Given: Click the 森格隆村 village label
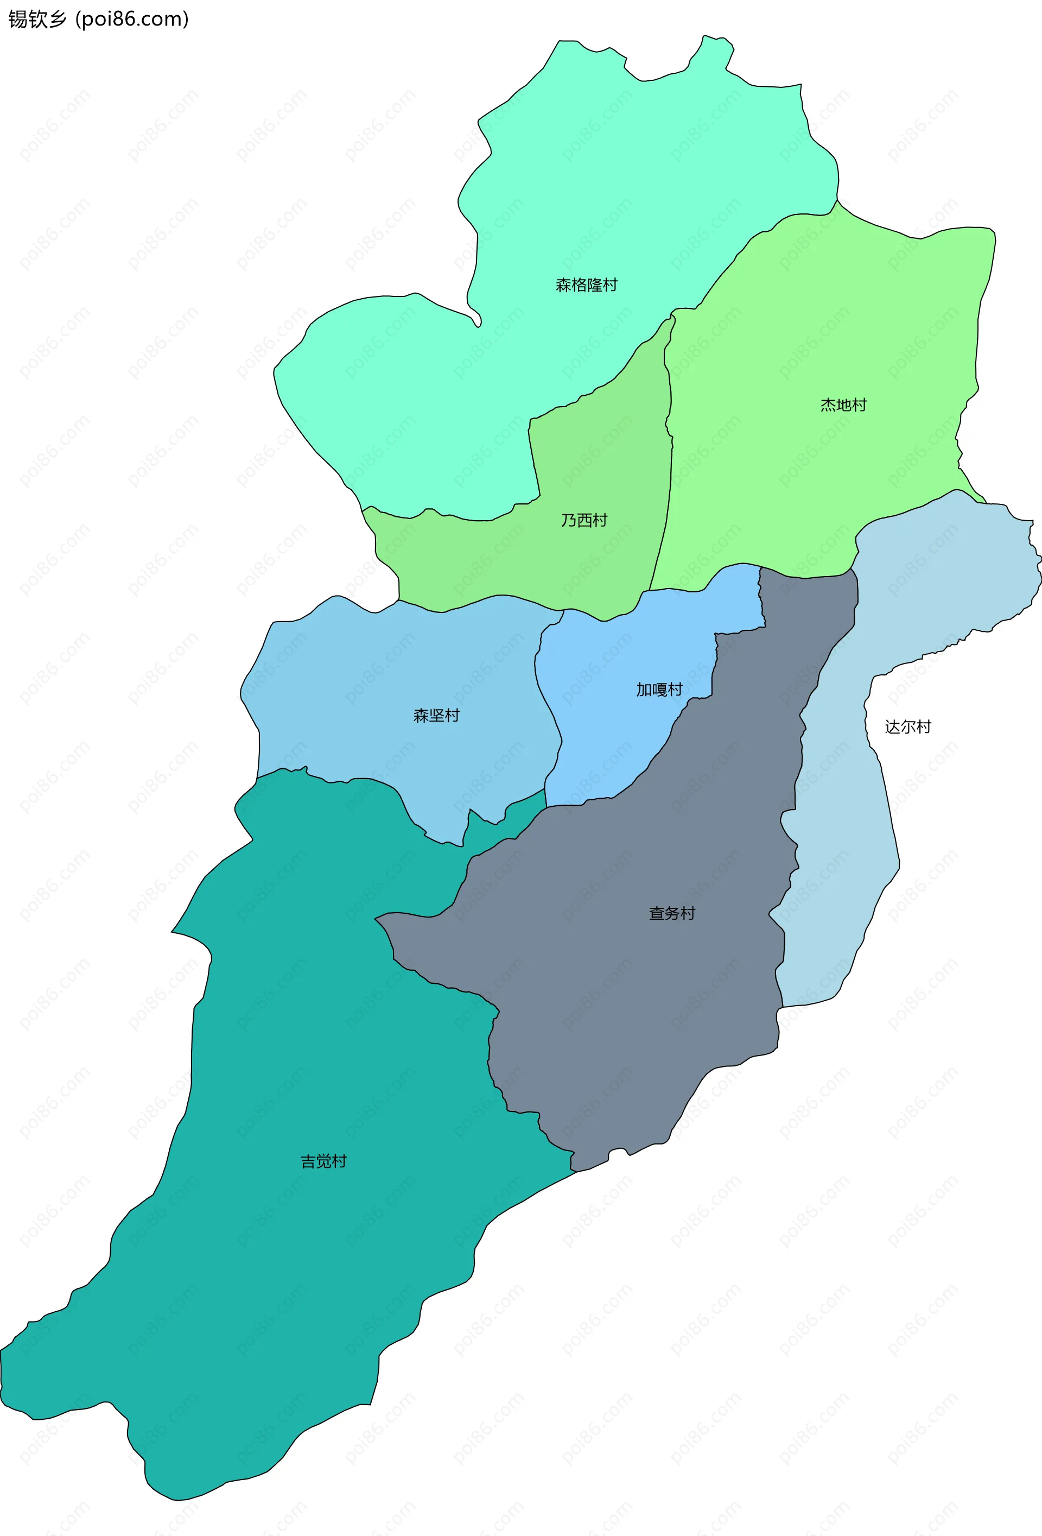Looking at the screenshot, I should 586,285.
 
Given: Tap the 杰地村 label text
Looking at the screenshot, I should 843,404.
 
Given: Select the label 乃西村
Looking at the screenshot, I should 584,520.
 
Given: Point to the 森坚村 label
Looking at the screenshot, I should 436,715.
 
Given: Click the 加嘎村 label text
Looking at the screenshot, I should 659,690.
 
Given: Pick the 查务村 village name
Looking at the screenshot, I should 672,913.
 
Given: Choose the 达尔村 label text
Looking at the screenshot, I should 908,726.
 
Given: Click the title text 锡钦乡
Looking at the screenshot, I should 37,19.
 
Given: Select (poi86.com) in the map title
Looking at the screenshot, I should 132,19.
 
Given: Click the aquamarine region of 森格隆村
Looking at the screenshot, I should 595,185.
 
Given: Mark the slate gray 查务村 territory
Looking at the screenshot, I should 628,991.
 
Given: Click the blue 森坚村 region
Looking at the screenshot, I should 397,661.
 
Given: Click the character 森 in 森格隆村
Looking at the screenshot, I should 563,285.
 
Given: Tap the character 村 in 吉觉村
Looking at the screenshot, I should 339,1161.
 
